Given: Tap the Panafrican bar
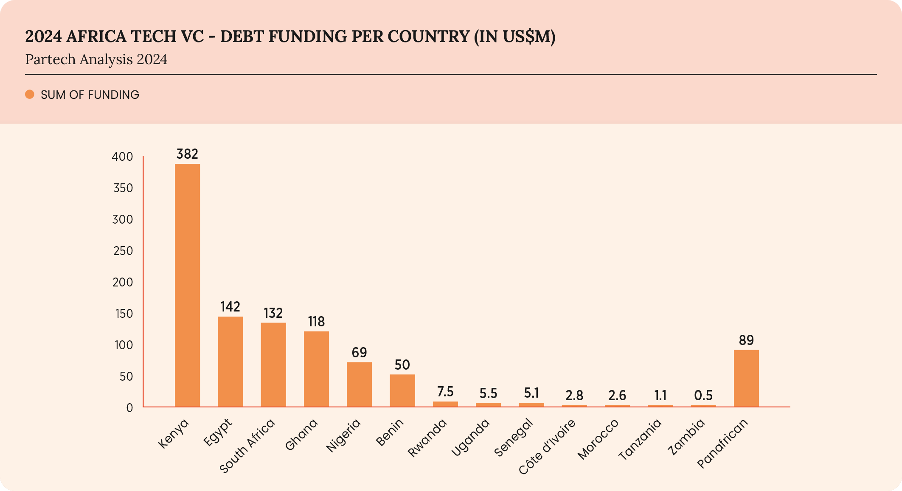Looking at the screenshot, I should [x=746, y=378].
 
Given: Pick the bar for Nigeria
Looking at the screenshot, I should [x=359, y=384].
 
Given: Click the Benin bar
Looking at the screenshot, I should [x=402, y=390].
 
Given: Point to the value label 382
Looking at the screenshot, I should [x=187, y=154].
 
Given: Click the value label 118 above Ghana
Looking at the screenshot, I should [x=316, y=322].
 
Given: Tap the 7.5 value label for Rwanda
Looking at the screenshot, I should [x=445, y=391].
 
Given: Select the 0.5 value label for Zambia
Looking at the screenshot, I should [x=703, y=396].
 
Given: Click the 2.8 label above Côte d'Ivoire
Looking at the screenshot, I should [x=574, y=396].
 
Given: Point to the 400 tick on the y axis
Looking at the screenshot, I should [x=122, y=157].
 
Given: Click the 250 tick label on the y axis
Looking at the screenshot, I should [x=123, y=251].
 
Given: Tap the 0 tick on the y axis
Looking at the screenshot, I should [x=129, y=408].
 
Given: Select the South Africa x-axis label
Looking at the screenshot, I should [x=247, y=446].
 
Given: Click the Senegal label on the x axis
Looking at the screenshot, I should [x=514, y=438].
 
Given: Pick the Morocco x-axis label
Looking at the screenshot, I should [x=598, y=439].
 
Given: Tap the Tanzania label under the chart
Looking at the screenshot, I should [x=640, y=440].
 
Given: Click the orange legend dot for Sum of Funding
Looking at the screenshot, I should [x=30, y=94].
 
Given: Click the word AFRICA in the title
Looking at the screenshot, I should [x=96, y=36].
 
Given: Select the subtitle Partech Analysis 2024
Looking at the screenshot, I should [x=96, y=59].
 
